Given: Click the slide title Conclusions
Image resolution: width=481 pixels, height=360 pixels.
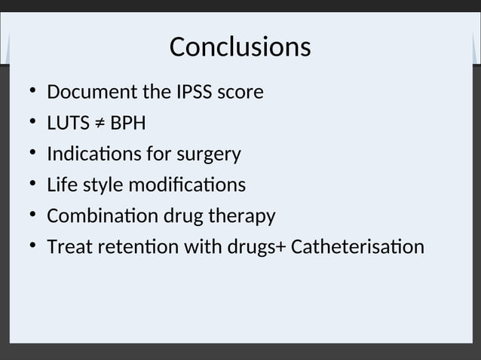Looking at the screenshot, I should point(240,47).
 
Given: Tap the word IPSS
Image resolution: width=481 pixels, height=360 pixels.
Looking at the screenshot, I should point(195,93).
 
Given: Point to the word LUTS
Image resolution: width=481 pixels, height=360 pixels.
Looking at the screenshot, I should point(68,124).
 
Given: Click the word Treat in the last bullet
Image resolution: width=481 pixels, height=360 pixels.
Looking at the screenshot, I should point(66,247).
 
